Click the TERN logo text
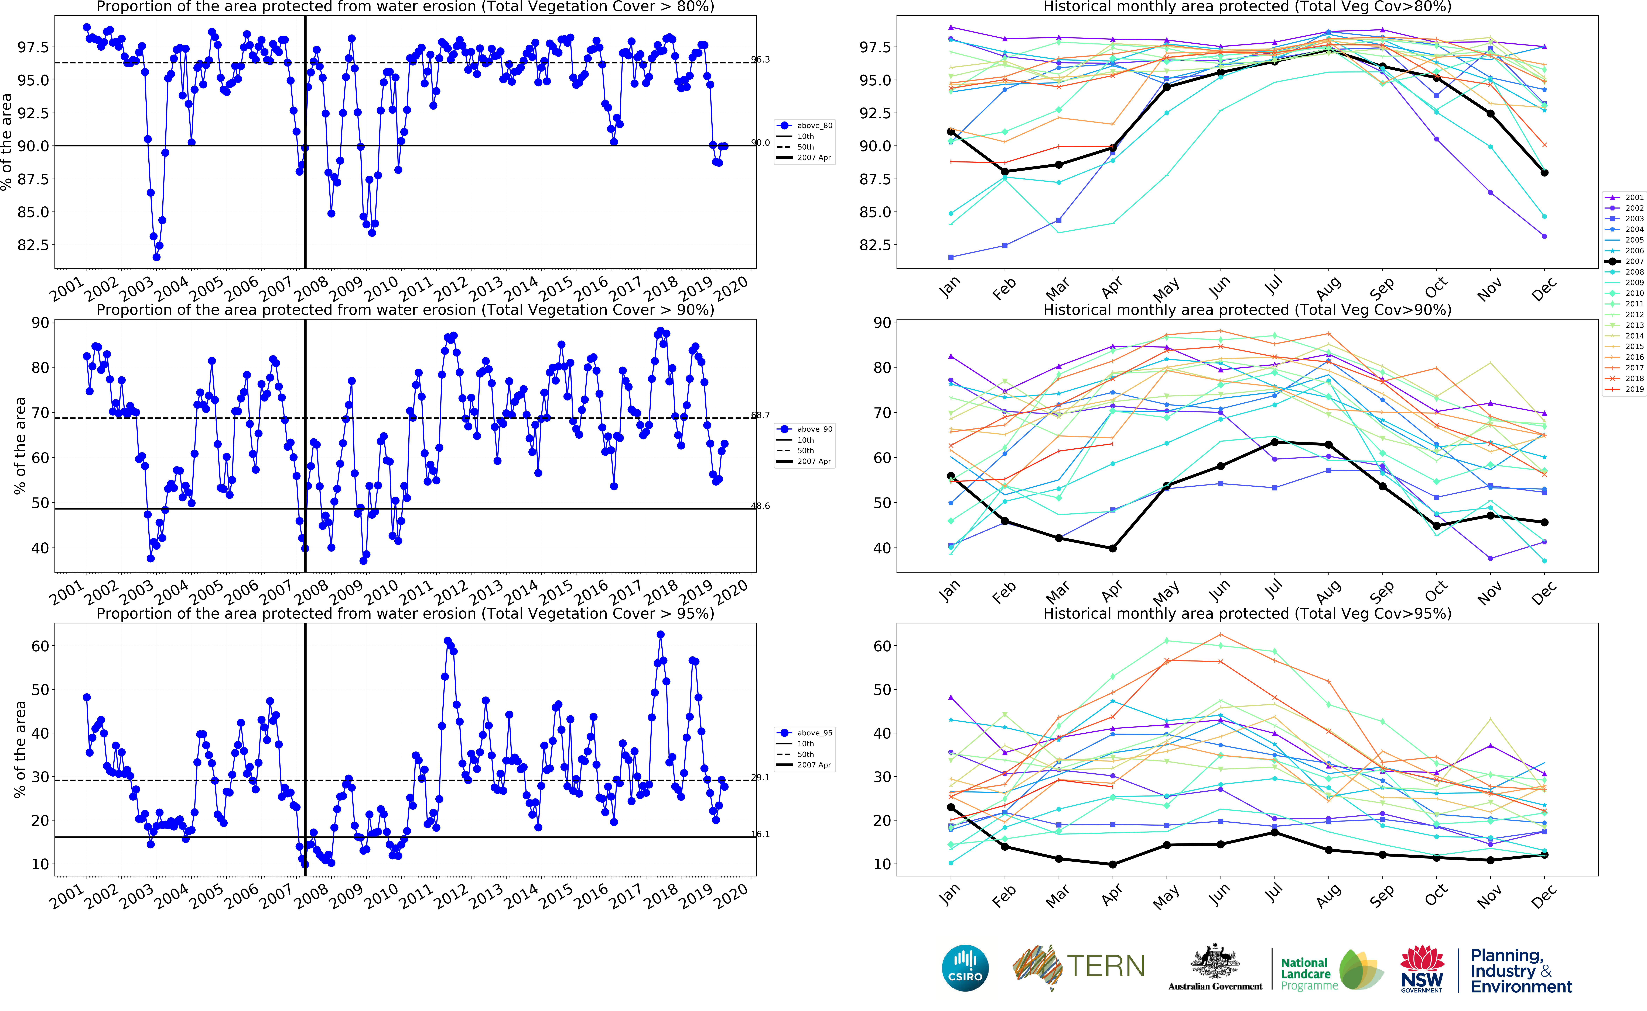click(x=1105, y=966)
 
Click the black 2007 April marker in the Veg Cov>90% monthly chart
click(x=1112, y=548)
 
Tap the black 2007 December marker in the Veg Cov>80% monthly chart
click(x=1544, y=172)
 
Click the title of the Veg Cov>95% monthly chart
click(x=1247, y=613)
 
